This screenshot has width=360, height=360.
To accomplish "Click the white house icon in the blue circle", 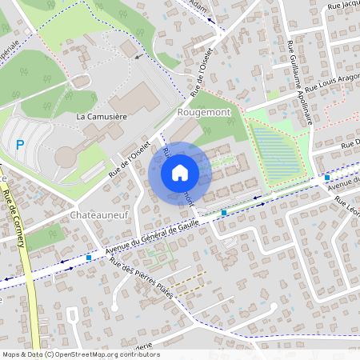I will [180, 173].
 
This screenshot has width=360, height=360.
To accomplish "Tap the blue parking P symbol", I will [20, 145].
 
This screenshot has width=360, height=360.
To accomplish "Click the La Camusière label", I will [102, 118].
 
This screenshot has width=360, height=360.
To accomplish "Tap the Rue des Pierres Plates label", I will [142, 277].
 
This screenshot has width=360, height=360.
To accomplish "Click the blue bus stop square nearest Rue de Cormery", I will [88, 258].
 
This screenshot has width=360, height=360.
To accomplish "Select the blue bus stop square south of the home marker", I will [224, 213].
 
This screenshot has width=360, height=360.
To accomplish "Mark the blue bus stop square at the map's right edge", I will [327, 178].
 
